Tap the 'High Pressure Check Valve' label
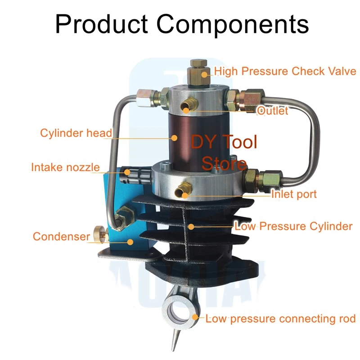coord(285,71)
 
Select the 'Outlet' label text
coord(272,111)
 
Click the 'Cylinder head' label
coord(76,133)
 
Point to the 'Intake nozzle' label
coord(65,167)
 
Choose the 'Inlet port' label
coord(294,194)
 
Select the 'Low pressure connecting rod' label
coord(280,319)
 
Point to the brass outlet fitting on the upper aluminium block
coord(186,107)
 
